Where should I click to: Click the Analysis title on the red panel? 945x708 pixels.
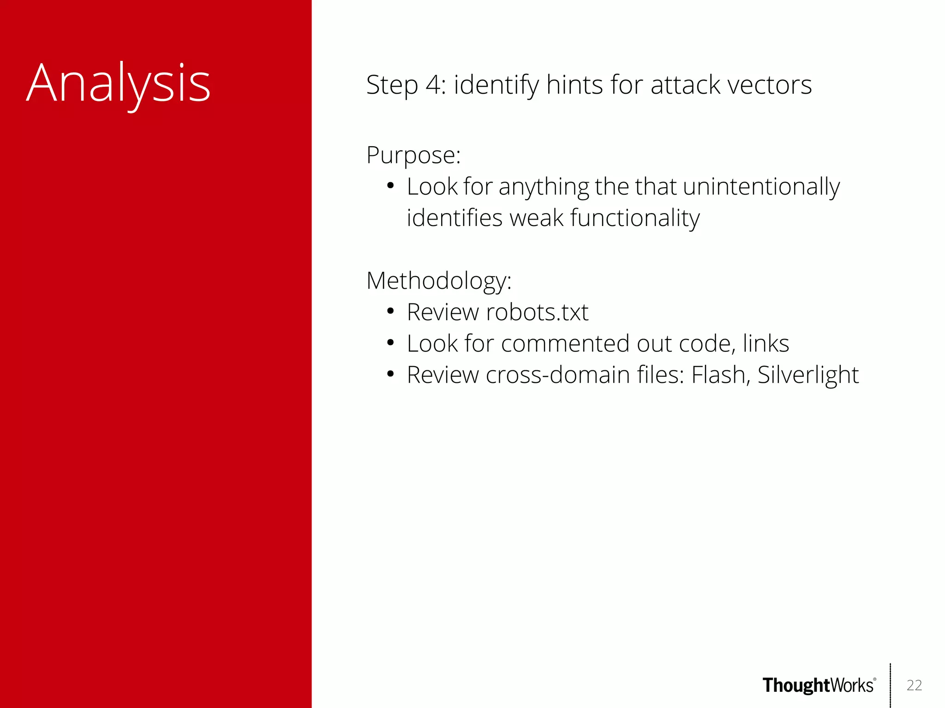119,83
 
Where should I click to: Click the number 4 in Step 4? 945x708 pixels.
433,85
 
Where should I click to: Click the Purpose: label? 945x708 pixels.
413,155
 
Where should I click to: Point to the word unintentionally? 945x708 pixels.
761,187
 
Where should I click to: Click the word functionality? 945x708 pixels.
635,218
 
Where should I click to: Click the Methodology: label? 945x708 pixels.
439,280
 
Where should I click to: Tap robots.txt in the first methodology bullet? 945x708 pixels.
537,312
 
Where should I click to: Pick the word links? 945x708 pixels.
766,344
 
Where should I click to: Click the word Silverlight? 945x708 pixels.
807,375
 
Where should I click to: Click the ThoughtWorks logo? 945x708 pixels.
818,685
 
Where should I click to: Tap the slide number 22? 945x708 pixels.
914,685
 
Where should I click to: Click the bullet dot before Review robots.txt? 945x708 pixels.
390,312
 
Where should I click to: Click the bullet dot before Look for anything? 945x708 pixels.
390,186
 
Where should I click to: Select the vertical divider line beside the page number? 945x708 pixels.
890,685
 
